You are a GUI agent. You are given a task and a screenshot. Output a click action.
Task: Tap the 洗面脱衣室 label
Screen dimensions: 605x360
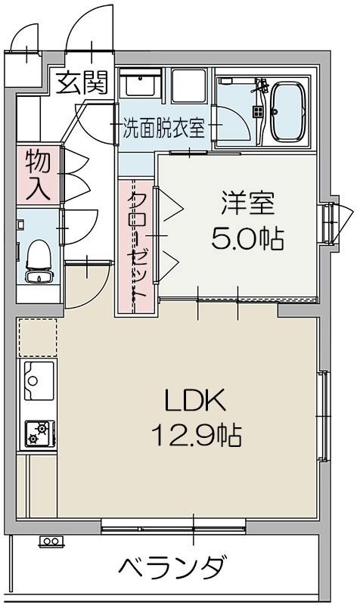tap(165, 128)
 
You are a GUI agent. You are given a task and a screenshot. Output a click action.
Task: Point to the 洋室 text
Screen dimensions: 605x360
tap(247, 204)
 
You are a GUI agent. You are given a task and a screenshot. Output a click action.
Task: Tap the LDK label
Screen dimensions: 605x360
tap(194, 399)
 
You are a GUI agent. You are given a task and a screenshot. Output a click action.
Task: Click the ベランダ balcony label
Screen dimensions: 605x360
tap(172, 566)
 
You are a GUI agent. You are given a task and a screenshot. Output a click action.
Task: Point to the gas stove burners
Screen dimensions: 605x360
tap(38, 433)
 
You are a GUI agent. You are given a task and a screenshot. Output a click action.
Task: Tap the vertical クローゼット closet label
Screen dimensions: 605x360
tap(137, 246)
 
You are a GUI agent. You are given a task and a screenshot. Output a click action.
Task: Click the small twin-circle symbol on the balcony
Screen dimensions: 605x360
tap(51, 541)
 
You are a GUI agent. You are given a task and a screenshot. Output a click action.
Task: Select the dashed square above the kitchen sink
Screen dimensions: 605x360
tap(38, 337)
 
